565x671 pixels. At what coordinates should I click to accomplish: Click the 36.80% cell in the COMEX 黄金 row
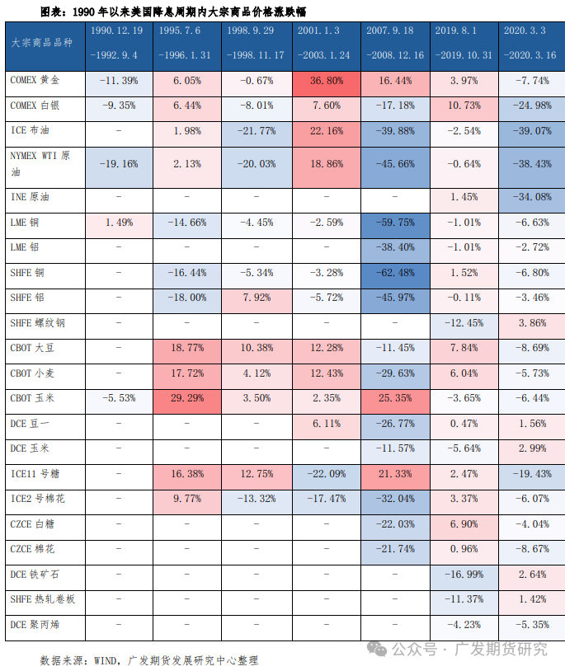326,82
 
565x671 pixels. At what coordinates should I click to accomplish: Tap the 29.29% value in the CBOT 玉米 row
188,398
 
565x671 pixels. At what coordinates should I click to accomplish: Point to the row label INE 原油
30,198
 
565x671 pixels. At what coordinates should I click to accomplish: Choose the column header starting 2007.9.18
395,43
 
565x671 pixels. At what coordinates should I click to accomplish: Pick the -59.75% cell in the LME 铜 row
395,223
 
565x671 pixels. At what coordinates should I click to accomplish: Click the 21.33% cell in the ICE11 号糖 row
395,474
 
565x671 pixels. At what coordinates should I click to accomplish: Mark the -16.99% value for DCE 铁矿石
464,575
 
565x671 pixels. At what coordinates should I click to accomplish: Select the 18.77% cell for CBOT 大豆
188,348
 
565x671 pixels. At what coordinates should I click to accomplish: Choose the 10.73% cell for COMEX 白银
464,106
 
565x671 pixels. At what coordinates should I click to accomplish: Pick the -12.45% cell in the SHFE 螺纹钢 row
464,323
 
